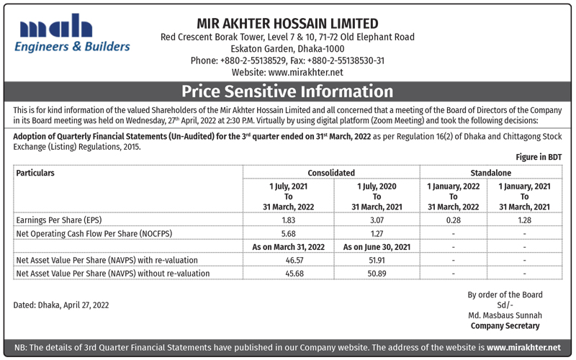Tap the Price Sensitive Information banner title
pyautogui.click(x=287, y=91)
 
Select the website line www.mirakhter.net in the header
pyautogui.click(x=287, y=72)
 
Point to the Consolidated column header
pyautogui.click(x=331, y=173)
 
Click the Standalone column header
pyautogui.click(x=490, y=173)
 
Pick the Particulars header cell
pyautogui.click(x=35, y=173)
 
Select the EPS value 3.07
pyautogui.click(x=377, y=220)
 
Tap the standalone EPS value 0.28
pyautogui.click(x=453, y=220)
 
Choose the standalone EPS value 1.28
pyautogui.click(x=524, y=220)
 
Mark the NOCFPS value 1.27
pyautogui.click(x=377, y=233)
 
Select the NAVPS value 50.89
pyautogui.click(x=377, y=273)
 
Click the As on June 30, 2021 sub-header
pyautogui.click(x=377, y=247)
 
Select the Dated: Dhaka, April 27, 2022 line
pyautogui.click(x=61, y=305)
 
